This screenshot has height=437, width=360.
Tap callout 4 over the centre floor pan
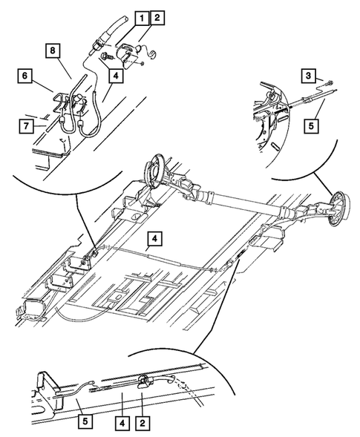pos(153,238)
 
